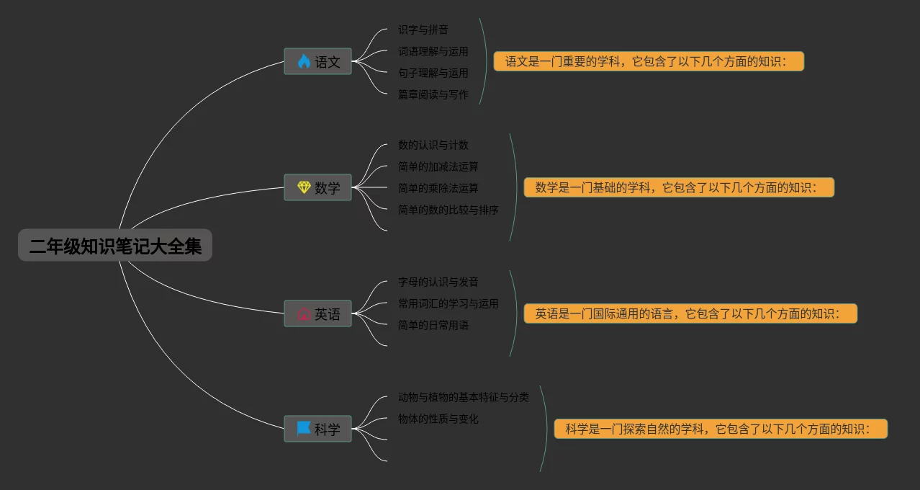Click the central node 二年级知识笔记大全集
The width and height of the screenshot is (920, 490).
115,246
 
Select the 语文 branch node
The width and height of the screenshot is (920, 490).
318,61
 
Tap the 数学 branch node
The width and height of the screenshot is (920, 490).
318,187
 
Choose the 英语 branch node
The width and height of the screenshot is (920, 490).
318,314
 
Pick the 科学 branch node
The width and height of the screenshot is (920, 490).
318,429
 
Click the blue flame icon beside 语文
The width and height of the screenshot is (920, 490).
304,61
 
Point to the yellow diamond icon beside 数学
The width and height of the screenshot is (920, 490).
304,187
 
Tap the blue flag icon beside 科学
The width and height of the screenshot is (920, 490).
304,429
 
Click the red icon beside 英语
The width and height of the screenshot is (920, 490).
304,314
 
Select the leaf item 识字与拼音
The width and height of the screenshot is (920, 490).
423,30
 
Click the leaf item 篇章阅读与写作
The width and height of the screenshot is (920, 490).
433,94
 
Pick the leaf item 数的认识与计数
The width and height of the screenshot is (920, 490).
433,145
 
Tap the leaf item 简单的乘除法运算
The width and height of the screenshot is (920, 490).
438,188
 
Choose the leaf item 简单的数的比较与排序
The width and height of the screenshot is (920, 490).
448,210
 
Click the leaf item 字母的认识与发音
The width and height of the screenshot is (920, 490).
438,282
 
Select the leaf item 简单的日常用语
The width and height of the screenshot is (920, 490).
433,325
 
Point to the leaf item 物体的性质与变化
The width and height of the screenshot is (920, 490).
438,419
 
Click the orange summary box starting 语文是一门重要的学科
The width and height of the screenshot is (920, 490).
649,61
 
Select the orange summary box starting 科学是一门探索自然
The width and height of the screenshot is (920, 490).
721,429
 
